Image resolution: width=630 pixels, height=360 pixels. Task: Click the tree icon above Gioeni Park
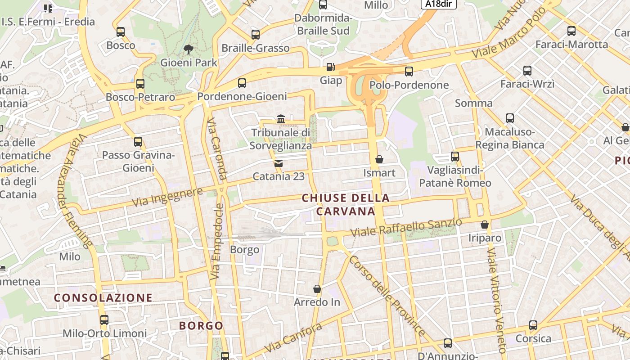(x=188, y=49)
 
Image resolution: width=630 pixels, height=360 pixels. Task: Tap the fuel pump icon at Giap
(x=331, y=67)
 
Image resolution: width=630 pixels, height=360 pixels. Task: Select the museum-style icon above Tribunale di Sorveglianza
(x=281, y=119)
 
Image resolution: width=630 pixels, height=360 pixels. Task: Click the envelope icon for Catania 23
(x=279, y=163)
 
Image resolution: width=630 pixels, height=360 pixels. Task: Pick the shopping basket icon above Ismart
(x=379, y=159)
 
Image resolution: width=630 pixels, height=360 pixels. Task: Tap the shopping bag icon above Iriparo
(x=485, y=224)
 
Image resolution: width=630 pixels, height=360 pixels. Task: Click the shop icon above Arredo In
(x=317, y=288)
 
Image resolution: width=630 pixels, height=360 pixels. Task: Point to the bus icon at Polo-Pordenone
(x=409, y=71)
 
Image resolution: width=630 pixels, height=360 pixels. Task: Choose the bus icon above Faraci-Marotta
(x=571, y=31)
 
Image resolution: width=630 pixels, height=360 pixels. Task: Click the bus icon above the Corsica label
(x=533, y=325)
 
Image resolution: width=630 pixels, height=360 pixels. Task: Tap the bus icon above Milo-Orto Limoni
(x=104, y=320)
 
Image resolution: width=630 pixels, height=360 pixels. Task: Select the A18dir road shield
(x=438, y=4)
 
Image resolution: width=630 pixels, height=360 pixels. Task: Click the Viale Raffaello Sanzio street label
(x=406, y=228)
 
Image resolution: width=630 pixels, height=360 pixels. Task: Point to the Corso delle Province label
(x=387, y=296)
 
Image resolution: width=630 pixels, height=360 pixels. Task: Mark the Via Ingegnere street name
(x=167, y=198)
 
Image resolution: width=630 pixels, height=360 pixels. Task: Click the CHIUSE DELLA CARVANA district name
(x=346, y=204)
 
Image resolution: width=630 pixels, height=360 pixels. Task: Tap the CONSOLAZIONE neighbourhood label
(x=103, y=297)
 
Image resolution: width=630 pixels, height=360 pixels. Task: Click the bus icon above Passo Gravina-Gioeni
(x=138, y=142)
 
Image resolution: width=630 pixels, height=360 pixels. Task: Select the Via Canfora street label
(x=293, y=338)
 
